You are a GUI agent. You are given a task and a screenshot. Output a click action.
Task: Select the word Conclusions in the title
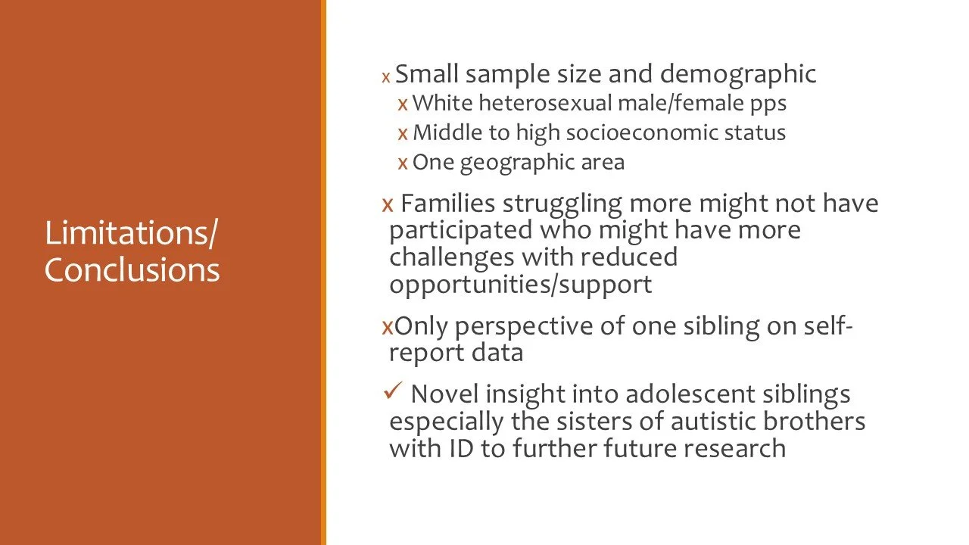pyautogui.click(x=132, y=270)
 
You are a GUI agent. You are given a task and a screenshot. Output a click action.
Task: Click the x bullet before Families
pyautogui.click(x=388, y=204)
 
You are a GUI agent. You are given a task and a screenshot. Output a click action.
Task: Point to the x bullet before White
pyautogui.click(x=403, y=102)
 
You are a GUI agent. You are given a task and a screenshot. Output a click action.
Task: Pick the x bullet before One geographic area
pyautogui.click(x=403, y=163)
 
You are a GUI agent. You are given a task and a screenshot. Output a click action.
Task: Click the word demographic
pyautogui.click(x=738, y=74)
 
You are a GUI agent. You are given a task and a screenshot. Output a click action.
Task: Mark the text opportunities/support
pyautogui.click(x=520, y=285)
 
